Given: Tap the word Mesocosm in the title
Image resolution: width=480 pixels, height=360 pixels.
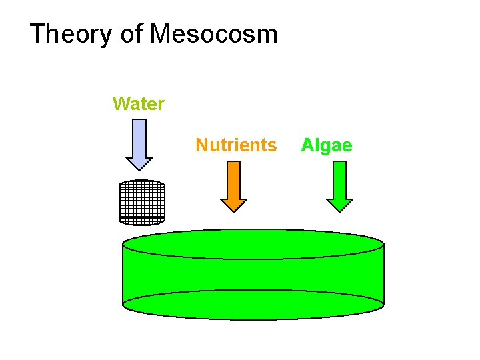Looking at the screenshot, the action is [x=213, y=33].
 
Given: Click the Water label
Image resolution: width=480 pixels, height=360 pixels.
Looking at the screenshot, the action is [x=139, y=104].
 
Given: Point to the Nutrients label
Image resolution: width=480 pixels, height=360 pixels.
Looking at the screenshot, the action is [x=236, y=145].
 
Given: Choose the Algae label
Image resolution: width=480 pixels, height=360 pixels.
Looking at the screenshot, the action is [x=327, y=145].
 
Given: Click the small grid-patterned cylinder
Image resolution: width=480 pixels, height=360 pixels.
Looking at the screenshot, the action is [x=141, y=202].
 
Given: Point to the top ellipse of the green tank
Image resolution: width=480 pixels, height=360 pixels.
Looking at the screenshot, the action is [x=253, y=244].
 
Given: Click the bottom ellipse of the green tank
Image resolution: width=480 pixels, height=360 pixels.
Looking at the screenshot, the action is [x=253, y=305].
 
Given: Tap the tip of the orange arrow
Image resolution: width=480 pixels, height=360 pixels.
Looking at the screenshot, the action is [x=233, y=211].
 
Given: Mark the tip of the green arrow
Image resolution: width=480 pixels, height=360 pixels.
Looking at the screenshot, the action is [x=339, y=211].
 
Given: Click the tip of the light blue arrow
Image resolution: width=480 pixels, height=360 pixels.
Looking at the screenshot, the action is [x=139, y=169].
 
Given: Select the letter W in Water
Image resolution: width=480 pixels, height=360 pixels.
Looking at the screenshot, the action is [x=121, y=104].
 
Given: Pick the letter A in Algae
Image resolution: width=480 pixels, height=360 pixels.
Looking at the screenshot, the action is [x=307, y=145].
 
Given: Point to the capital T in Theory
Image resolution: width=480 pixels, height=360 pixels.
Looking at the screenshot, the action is [x=38, y=33].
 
